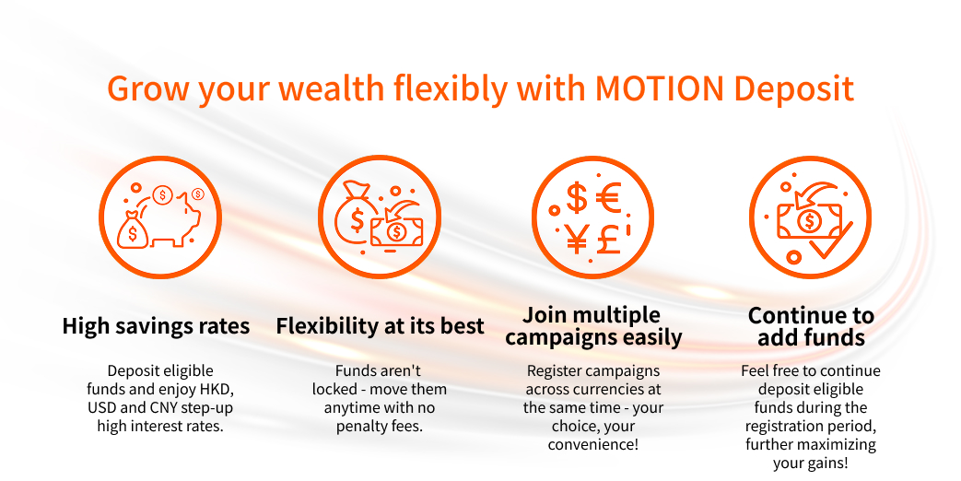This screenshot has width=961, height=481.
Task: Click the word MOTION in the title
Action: click(x=660, y=88)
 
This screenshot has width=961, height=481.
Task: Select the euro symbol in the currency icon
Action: click(x=609, y=197)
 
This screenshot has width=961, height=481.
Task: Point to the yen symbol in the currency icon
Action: click(x=577, y=239)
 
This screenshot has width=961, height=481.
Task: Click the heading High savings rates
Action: click(x=156, y=326)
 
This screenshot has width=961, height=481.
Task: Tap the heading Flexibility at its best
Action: click(x=380, y=326)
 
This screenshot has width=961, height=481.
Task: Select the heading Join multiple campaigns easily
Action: click(x=593, y=326)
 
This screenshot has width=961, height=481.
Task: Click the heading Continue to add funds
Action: click(x=811, y=326)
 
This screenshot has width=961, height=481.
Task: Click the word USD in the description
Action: click(x=101, y=407)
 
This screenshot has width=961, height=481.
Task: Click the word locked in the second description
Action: click(x=334, y=389)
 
